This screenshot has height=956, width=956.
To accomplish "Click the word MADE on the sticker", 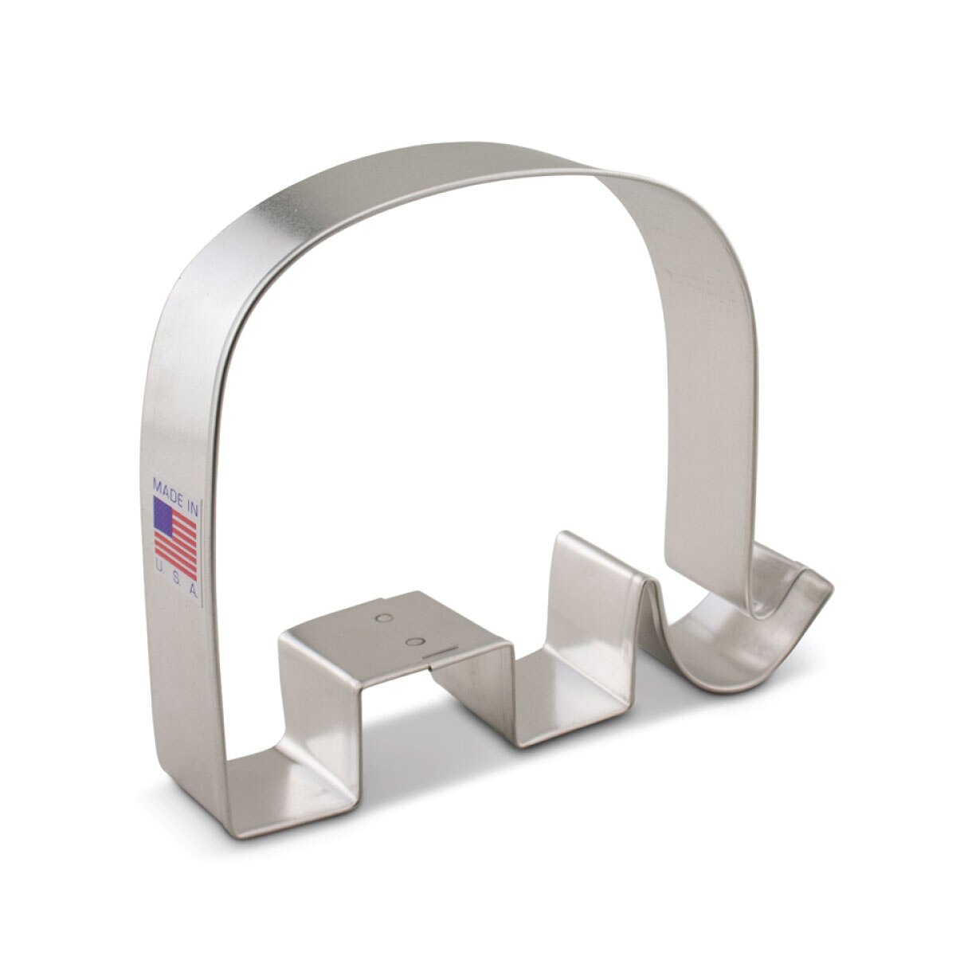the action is point(168,483).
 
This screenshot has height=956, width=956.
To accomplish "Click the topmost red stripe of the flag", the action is point(187,511).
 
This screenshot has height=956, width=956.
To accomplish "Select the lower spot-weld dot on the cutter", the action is point(412,642).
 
